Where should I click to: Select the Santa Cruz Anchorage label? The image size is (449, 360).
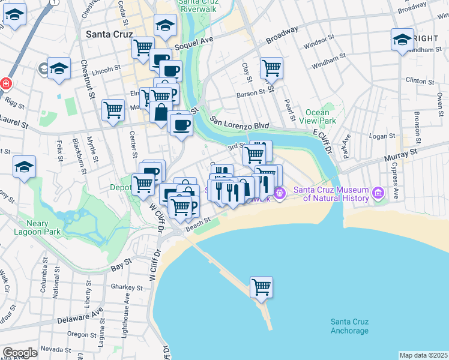coord(349,326)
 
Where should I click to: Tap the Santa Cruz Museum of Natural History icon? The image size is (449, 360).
coord(378,193)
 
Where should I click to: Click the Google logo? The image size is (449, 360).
coord(20,353)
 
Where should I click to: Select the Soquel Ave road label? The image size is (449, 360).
coord(194,47)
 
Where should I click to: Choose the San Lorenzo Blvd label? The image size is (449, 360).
coord(238,122)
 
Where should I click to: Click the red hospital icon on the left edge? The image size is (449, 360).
coord(5,83)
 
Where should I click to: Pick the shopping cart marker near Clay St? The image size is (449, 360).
coord(272,68)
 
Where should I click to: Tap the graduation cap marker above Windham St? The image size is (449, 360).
coord(403,40)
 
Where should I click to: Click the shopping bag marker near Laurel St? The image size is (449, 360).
coord(161,113)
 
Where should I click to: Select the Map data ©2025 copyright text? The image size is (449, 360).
coord(423,355)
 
